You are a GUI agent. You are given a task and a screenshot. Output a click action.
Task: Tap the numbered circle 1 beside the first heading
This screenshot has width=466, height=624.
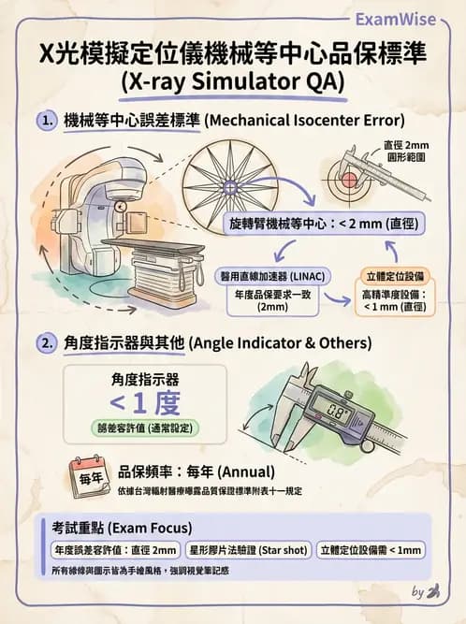[x=47, y=121]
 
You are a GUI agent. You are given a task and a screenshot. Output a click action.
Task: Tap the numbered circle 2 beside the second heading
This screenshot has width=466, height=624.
[x=47, y=343]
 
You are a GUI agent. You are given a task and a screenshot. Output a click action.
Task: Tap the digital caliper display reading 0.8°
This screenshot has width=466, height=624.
[x=330, y=405]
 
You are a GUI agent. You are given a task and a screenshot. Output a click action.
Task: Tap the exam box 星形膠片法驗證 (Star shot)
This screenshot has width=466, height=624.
[x=248, y=550]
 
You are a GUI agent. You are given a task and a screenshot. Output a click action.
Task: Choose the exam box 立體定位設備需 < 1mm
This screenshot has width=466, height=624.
[x=371, y=550]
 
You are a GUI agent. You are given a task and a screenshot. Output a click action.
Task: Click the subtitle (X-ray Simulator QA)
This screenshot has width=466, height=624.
[x=233, y=81]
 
